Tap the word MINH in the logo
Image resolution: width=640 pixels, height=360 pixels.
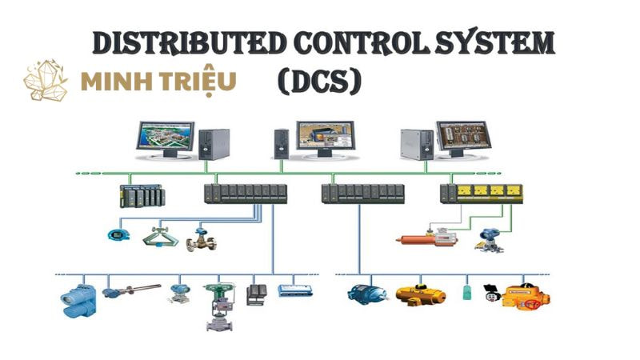(118, 82)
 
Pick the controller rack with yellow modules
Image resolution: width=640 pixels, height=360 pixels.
(481, 193)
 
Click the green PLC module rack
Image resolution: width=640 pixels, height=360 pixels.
(140, 195)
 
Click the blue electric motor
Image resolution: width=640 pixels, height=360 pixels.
(366, 293)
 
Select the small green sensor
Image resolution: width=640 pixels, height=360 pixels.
(466, 291)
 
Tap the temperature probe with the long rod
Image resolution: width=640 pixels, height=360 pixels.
(128, 292)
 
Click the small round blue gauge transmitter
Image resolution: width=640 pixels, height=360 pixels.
(117, 235)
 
